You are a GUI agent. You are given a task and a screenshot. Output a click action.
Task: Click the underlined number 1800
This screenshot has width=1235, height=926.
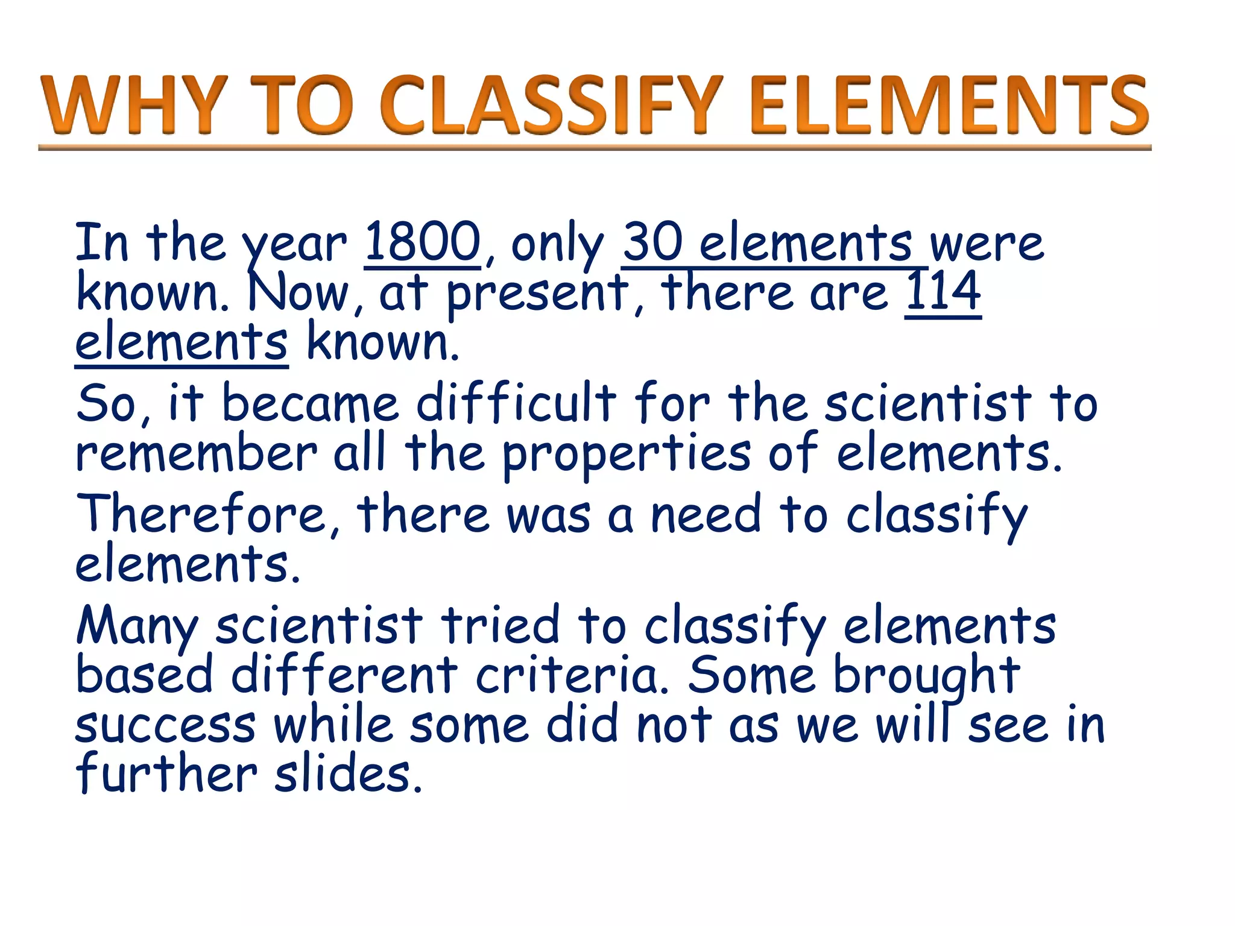pyautogui.click(x=423, y=242)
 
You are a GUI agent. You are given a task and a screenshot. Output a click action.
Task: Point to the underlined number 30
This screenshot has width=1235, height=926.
pyautogui.click(x=653, y=242)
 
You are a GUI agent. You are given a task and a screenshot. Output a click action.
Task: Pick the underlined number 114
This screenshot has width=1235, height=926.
pyautogui.click(x=943, y=292)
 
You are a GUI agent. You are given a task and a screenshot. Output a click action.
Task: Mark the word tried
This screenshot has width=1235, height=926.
pyautogui.click(x=501, y=625)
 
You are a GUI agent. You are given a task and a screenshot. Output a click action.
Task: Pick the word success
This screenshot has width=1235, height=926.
pyautogui.click(x=165, y=726)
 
